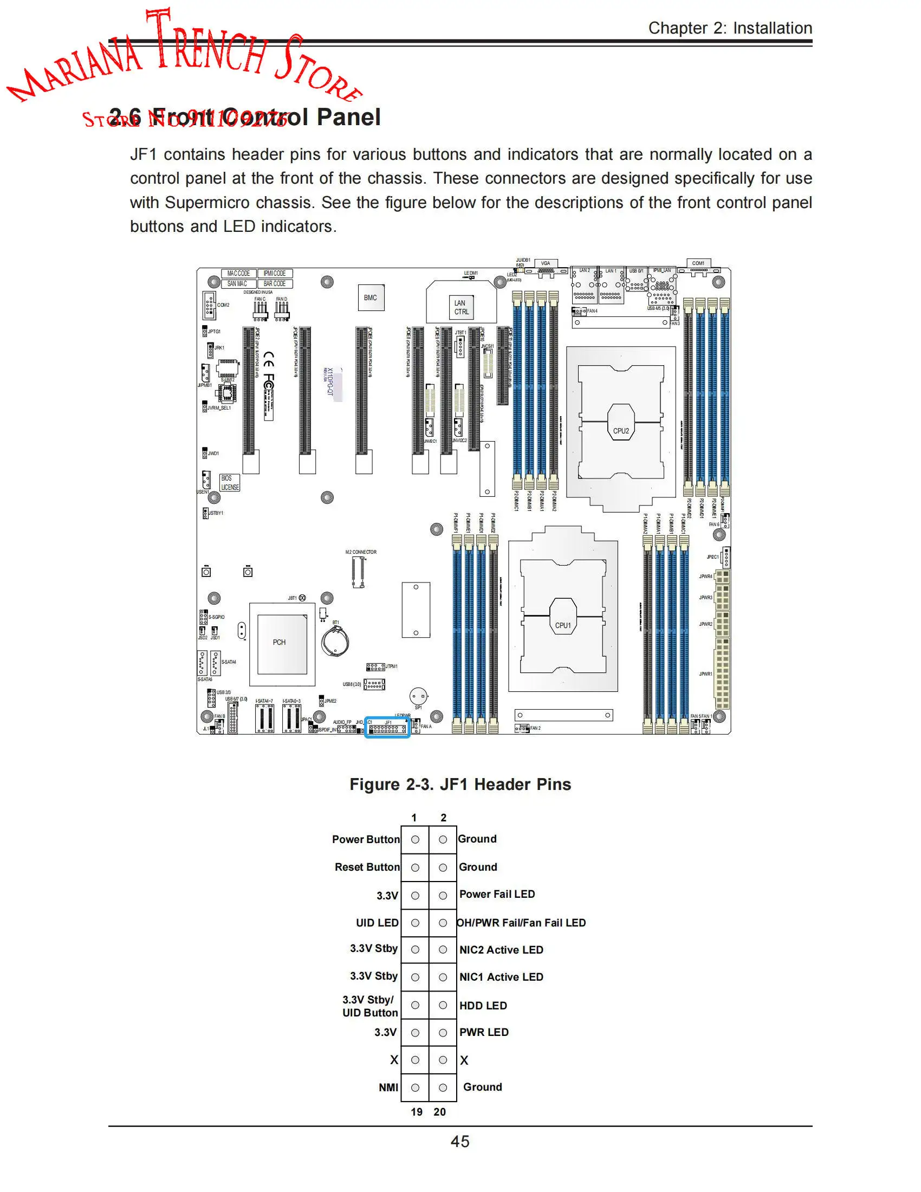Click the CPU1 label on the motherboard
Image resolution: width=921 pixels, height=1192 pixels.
tap(562, 625)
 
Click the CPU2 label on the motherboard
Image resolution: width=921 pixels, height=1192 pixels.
tap(621, 431)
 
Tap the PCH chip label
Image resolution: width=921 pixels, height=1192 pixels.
tap(280, 643)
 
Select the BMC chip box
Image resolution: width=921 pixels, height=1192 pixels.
tap(371, 298)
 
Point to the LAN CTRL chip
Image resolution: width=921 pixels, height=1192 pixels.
tap(461, 307)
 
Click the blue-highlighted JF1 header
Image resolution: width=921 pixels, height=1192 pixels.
tap(387, 728)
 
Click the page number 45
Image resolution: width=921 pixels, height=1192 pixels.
tap(460, 1141)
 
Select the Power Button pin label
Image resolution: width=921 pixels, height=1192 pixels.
tap(366, 839)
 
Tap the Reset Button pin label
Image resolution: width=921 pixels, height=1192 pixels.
tap(367, 867)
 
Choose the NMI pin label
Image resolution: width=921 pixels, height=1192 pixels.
tap(388, 1087)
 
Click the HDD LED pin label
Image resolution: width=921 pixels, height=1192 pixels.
tap(483, 1005)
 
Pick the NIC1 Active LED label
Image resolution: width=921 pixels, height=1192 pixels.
tap(501, 977)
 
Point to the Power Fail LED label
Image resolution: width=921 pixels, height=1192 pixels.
tap(496, 894)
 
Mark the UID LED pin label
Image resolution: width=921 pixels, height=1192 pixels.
tap(377, 922)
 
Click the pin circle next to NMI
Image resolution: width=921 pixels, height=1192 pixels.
tap(415, 1087)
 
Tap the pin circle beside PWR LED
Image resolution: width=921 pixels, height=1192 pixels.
tap(443, 1033)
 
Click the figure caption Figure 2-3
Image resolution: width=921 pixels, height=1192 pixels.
tap(460, 785)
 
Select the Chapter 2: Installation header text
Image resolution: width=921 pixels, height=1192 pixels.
tap(730, 28)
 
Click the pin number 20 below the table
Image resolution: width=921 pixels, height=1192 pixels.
tap(440, 1112)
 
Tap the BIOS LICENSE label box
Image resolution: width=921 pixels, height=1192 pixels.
tap(230, 483)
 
